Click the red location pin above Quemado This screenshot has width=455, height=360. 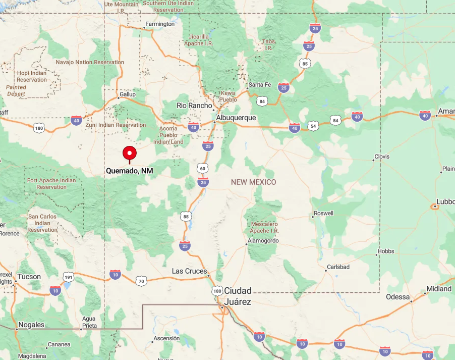click(x=130, y=152)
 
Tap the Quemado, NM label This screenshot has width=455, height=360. click(x=130, y=171)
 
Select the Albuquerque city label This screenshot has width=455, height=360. click(x=236, y=118)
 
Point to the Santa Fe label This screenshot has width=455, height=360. click(x=260, y=85)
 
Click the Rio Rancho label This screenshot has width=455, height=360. click(x=194, y=106)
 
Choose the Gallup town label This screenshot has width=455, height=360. click(x=128, y=94)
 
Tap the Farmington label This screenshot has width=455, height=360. click(x=160, y=24)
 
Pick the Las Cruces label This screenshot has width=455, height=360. click(x=189, y=271)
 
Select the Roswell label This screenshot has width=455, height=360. click(x=323, y=213)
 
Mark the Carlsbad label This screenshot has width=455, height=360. click(x=338, y=267)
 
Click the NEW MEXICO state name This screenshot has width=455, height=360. click(x=254, y=182)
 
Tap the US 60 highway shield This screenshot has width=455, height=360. click(x=202, y=168)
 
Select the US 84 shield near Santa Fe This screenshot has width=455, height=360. click(x=261, y=101)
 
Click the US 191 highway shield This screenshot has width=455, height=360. click(x=69, y=277)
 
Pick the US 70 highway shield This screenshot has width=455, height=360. click(x=141, y=281)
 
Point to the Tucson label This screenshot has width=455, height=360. click(x=29, y=277)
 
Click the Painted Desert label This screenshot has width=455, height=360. click(x=16, y=90)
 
